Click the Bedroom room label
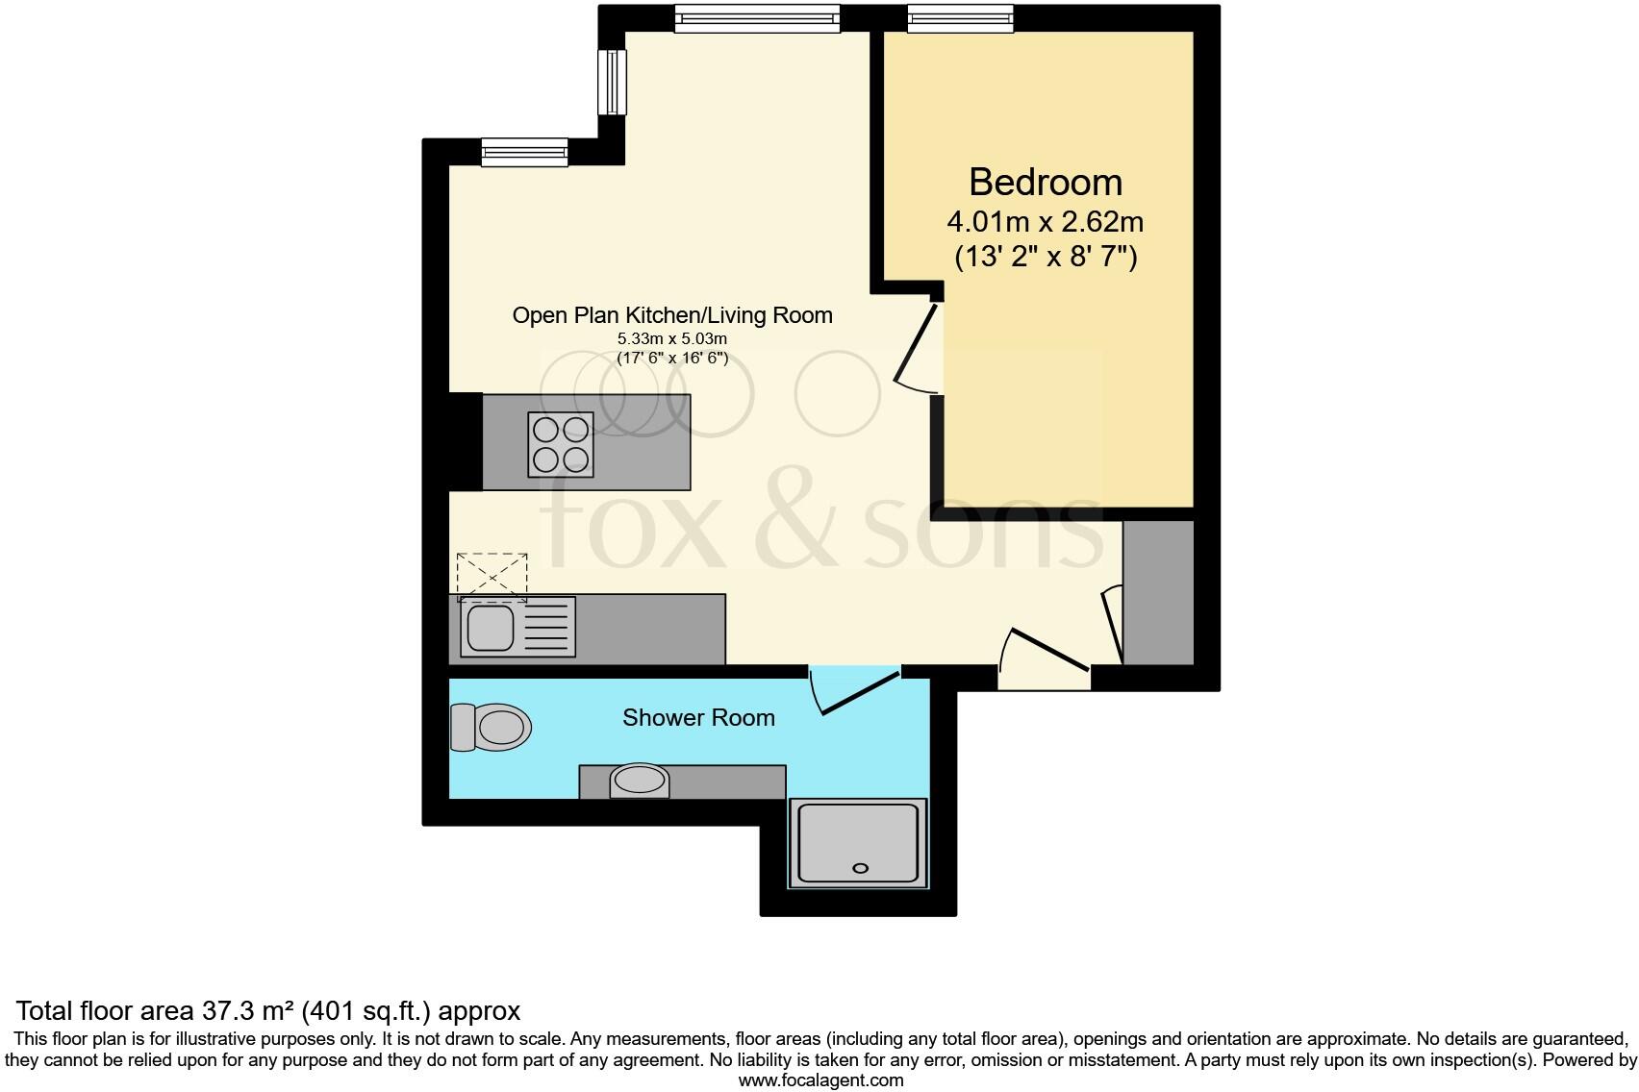coord(1045,183)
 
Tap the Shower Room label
coord(698,718)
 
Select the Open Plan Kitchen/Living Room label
coord(671,315)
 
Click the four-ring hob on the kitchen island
coord(560,444)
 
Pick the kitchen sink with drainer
coord(517,627)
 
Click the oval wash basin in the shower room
coord(640,780)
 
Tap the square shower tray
coord(858,843)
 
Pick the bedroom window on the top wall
coord(960,17)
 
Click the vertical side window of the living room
coord(612,82)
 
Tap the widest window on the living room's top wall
coord(756,17)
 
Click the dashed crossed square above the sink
coord(492,576)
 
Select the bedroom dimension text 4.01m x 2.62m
coord(1045,223)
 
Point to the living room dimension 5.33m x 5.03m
coord(671,339)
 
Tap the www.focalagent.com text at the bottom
coord(820,1080)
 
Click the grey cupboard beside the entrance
coord(1158,592)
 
